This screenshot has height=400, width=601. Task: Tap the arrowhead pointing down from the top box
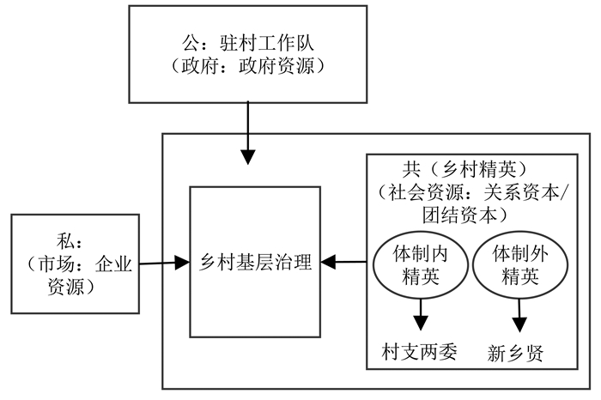click(247, 157)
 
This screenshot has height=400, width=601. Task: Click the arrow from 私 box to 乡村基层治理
click(163, 263)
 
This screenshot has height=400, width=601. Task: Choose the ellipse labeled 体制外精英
click(519, 264)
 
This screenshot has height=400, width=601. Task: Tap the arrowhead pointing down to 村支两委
click(421, 324)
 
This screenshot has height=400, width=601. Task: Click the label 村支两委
click(420, 352)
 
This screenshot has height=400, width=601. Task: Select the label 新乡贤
click(516, 353)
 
